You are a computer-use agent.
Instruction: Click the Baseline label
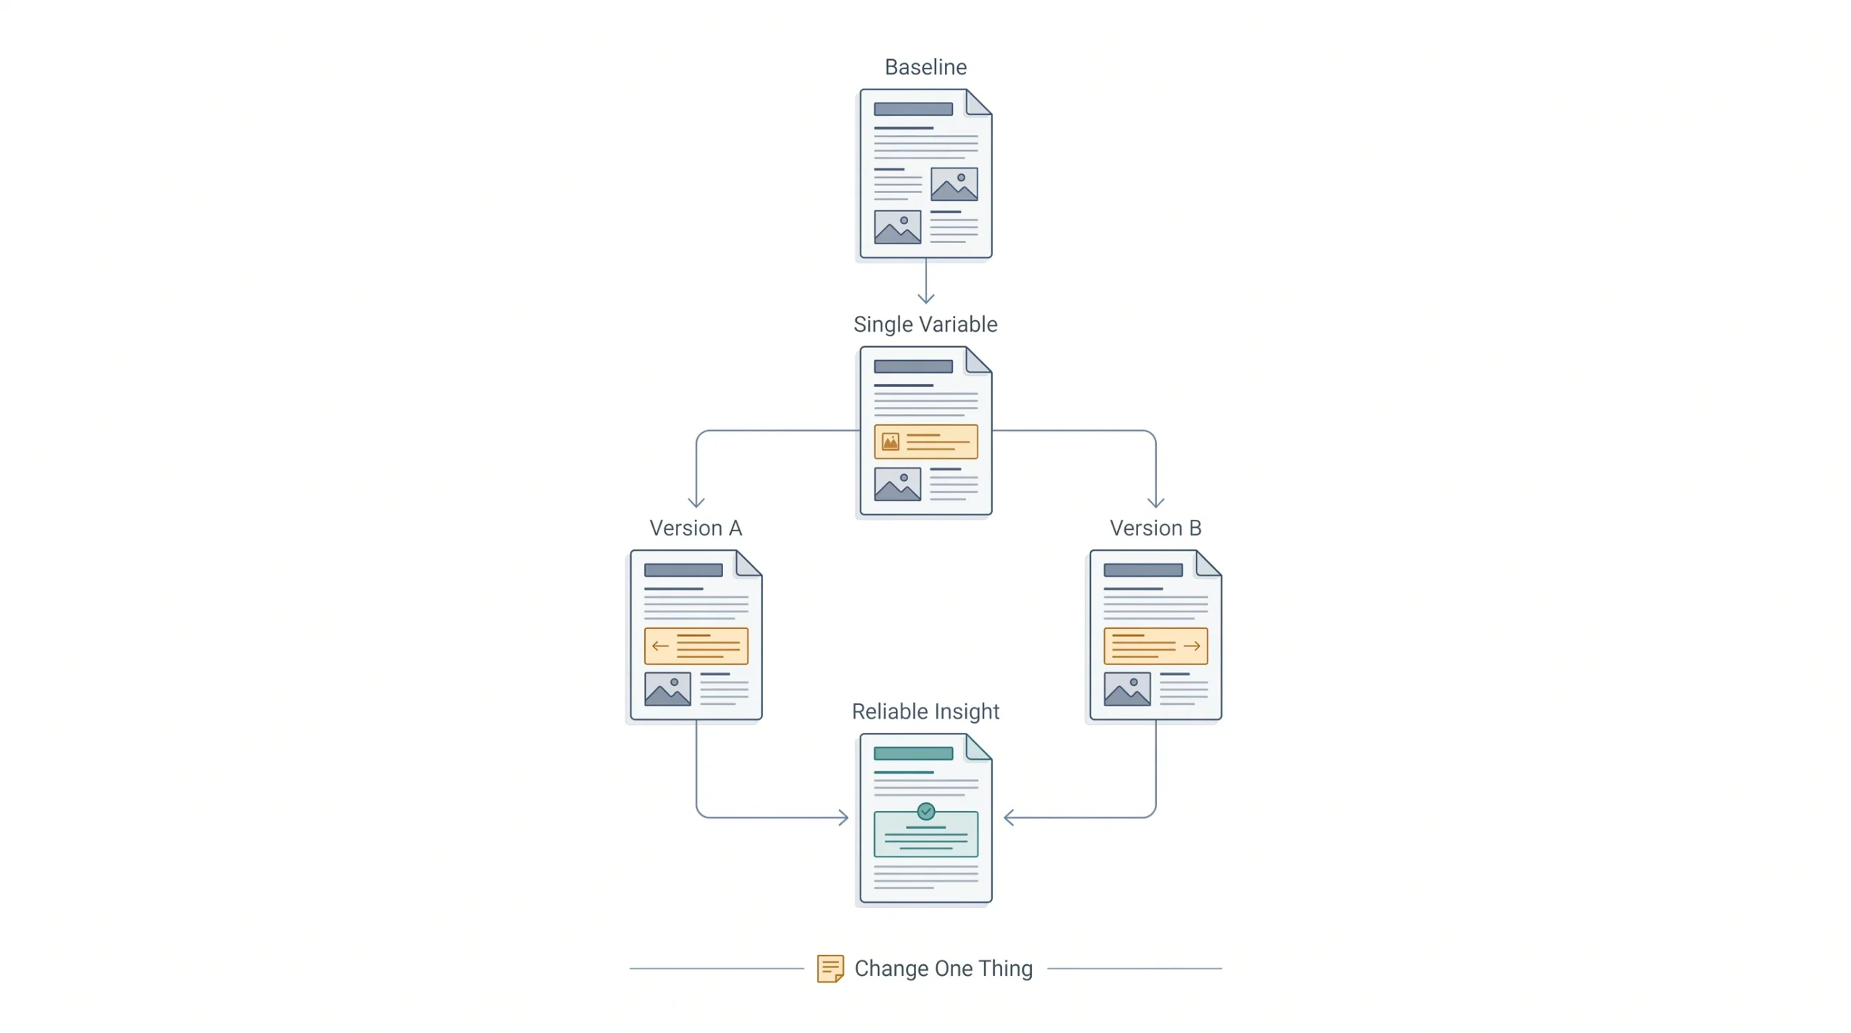[x=925, y=67]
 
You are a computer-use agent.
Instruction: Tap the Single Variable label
[x=925, y=325]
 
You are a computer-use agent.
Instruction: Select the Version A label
[x=696, y=528]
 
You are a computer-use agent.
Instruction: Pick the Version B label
[x=1155, y=528]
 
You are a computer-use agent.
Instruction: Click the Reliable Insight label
[x=925, y=712]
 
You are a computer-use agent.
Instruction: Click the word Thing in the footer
[x=1005, y=969]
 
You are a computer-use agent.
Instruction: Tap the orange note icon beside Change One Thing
[x=830, y=969]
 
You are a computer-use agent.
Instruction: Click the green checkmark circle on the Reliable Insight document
[x=925, y=811]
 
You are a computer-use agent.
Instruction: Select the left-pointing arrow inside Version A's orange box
[x=660, y=646]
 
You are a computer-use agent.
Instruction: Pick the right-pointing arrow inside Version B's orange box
[x=1192, y=646]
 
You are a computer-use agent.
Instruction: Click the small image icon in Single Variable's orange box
[x=890, y=442]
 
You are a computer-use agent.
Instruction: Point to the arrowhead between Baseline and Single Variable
[x=925, y=298]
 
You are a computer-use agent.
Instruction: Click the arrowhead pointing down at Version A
[x=696, y=502]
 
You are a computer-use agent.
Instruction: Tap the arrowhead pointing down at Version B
[x=1155, y=502]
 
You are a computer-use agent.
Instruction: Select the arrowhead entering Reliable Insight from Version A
[x=843, y=818]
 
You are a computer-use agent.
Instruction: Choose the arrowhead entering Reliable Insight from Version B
[x=1009, y=818]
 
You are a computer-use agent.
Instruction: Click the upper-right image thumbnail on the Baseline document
[x=954, y=184]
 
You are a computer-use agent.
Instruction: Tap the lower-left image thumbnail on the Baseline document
[x=897, y=227]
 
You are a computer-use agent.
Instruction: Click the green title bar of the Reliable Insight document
[x=913, y=753]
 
